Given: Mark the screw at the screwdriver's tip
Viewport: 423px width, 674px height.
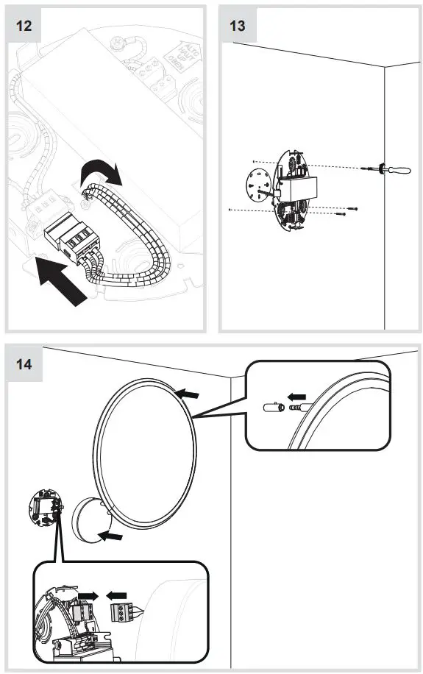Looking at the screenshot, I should click(366, 169).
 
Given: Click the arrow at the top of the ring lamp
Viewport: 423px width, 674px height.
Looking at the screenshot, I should click(188, 396).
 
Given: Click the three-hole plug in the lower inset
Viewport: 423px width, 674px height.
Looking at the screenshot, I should click(123, 612).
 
